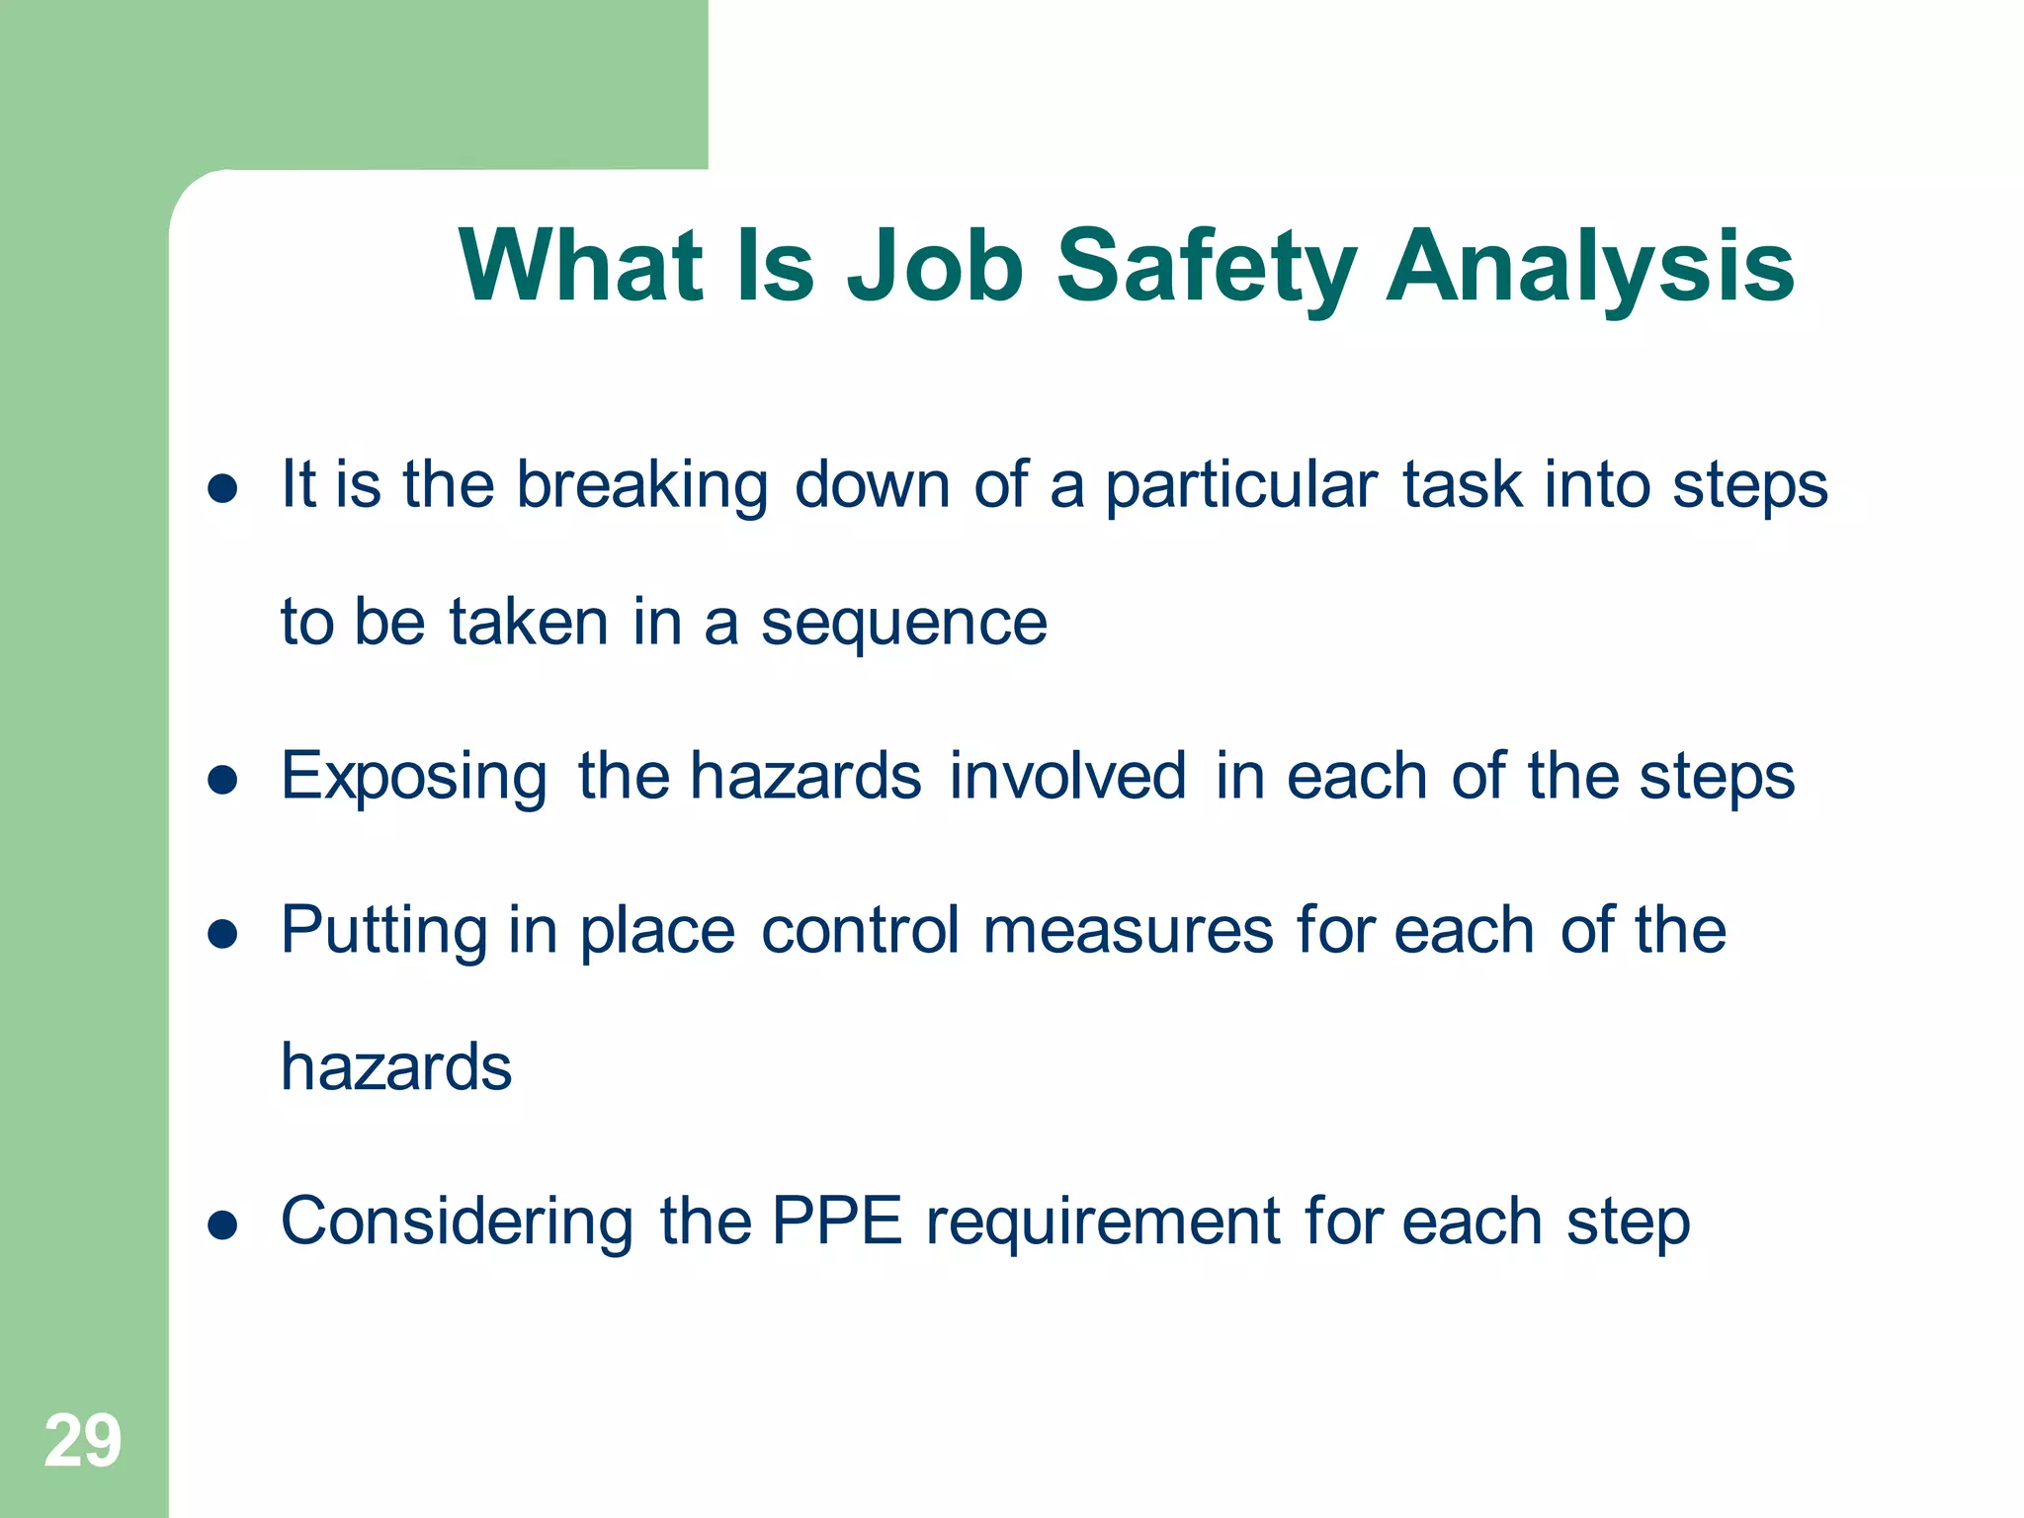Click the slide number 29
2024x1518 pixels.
pos(83,1441)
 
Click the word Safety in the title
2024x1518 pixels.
pos(1206,267)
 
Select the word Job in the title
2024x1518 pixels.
pos(935,267)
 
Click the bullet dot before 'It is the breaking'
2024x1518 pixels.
pos(223,488)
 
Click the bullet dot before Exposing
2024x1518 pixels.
pos(223,780)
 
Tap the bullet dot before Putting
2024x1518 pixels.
pos(223,934)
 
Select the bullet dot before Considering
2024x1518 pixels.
pos(223,1225)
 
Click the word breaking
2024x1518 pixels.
pos(642,486)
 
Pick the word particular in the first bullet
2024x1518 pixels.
pos(1240,486)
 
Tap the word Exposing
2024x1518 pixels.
pos(413,778)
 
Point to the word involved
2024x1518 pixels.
pos(1067,776)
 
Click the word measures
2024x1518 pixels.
pos(1128,932)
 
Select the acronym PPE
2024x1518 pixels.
pos(836,1222)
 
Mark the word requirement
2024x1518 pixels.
pos(1103,1223)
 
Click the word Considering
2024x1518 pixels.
pos(457,1223)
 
